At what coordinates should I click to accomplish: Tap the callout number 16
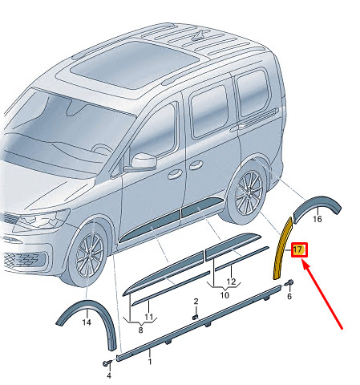tap(318, 219)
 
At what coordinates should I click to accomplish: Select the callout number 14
tap(87, 322)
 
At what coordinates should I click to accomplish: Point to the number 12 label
tap(232, 282)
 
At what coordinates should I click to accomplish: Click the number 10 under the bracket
tap(224, 295)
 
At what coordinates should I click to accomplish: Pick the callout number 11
tap(149, 317)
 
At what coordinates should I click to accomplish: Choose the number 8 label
tap(140, 330)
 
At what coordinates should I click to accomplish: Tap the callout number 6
tap(289, 296)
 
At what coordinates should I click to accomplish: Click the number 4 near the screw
tap(109, 375)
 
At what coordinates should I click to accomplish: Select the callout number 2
tap(196, 302)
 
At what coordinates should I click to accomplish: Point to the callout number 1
tap(150, 362)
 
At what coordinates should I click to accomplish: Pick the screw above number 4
tap(107, 363)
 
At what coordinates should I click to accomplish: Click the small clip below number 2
tap(196, 317)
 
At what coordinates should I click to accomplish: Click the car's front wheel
tap(87, 253)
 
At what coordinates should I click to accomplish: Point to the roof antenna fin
tap(199, 36)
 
